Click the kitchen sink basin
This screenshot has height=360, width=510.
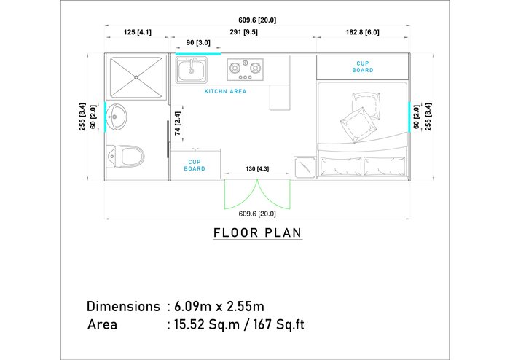click(191, 69)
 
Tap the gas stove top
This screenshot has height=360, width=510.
click(246, 69)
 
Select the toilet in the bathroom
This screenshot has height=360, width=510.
click(125, 156)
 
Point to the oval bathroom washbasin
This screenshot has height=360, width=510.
click(117, 117)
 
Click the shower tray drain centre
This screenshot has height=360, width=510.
click(136, 77)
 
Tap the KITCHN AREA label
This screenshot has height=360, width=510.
click(225, 91)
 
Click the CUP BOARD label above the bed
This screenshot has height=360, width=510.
click(363, 66)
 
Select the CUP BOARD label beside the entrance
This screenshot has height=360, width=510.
click(195, 165)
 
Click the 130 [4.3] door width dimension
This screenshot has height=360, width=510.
click(257, 169)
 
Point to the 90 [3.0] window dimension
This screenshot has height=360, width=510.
click(198, 43)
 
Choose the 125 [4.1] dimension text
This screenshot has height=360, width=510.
click(137, 32)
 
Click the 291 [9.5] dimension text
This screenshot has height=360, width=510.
click(243, 32)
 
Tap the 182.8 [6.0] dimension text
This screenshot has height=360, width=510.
click(362, 32)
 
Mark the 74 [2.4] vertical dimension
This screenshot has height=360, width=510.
click(178, 124)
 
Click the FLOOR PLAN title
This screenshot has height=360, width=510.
click(258, 233)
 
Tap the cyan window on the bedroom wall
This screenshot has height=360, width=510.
click(409, 117)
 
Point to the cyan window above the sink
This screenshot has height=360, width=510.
click(198, 54)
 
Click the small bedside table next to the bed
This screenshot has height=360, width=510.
click(305, 167)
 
